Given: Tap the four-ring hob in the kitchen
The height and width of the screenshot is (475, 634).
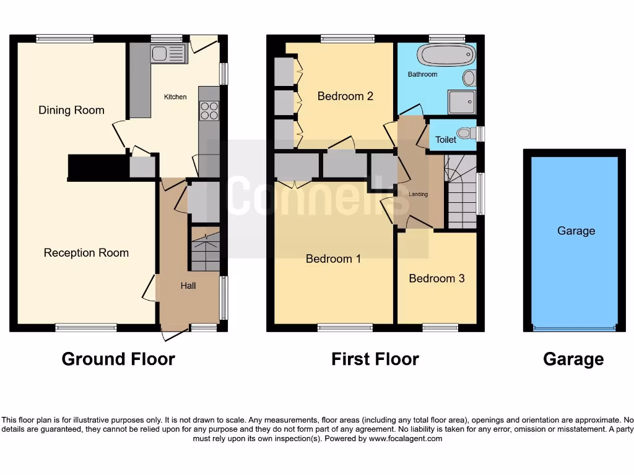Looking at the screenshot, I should [209, 110].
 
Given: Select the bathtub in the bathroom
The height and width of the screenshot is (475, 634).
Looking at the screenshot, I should [441, 56].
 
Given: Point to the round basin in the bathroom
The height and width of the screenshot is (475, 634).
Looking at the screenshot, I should [469, 78].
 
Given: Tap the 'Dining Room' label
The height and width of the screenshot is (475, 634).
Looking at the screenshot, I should [71, 110].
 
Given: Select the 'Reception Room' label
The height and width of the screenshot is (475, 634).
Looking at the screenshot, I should [86, 252].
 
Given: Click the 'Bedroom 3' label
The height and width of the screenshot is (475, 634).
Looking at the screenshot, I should [436, 278].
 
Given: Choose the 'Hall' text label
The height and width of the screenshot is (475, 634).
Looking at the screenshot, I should [188, 286].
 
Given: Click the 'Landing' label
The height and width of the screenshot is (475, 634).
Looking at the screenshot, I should [419, 194].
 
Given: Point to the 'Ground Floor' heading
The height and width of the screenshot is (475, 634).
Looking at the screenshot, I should [118, 359].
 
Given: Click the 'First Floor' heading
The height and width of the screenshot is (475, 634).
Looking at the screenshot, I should [375, 359].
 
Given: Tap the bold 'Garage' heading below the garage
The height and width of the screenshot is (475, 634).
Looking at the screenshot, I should [573, 359].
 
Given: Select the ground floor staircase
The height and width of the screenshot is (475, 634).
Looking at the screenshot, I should [205, 249].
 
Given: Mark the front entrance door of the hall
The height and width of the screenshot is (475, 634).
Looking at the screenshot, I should [175, 335].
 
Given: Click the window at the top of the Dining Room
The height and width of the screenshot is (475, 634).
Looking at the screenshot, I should [64, 38].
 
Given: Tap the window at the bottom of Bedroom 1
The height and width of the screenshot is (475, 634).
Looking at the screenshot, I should [345, 327].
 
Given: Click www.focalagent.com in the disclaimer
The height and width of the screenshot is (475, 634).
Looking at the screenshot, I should [405, 439].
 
